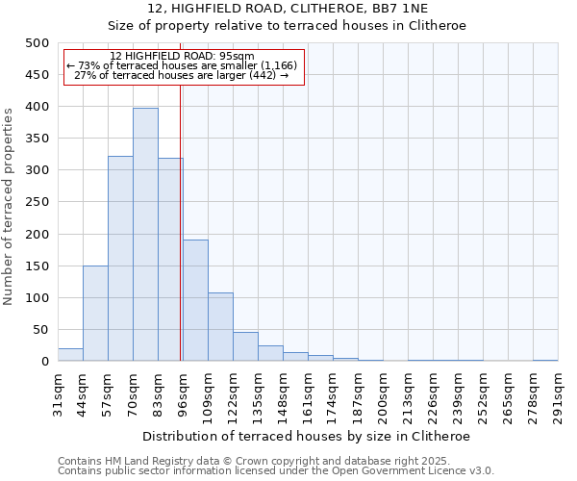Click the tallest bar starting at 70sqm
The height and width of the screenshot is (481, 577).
point(145,235)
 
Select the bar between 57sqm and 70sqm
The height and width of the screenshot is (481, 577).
point(120,259)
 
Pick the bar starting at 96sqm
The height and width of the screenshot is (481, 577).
point(195,300)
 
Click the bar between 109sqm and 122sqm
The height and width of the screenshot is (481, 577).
point(220,327)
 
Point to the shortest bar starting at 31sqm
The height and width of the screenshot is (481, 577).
point(70,355)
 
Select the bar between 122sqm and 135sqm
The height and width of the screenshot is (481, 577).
point(245,346)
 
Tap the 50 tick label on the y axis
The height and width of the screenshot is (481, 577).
point(41,330)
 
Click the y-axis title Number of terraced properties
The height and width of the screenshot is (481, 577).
point(10,207)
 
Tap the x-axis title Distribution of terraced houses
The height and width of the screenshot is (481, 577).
point(306,436)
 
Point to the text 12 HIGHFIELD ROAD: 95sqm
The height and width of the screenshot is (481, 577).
point(182,56)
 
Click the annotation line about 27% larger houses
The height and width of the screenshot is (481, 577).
point(182,75)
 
